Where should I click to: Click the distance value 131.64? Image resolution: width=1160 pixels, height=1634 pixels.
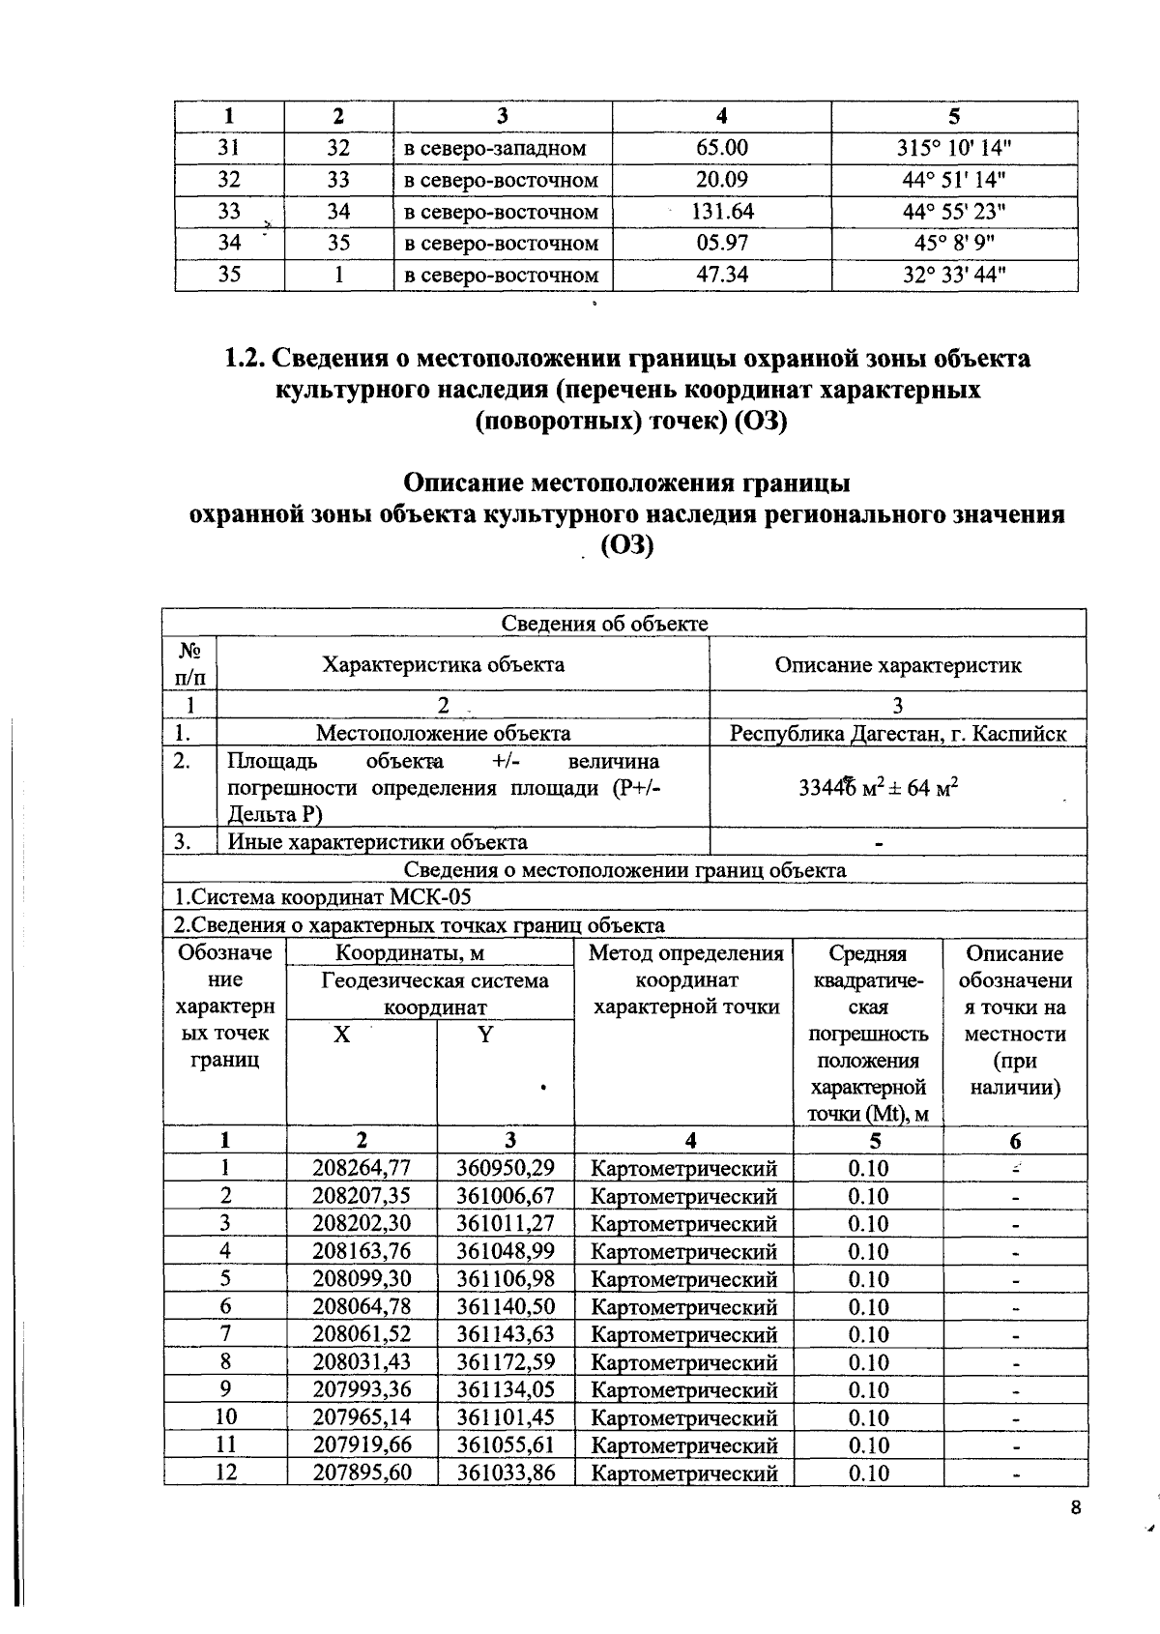pyautogui.click(x=722, y=212)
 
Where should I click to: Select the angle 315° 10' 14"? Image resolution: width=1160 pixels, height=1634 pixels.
pyautogui.click(x=953, y=148)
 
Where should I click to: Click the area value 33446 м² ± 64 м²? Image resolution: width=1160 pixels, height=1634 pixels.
pyautogui.click(x=878, y=787)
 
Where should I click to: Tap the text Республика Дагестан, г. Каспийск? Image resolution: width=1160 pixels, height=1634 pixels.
pyautogui.click(x=897, y=733)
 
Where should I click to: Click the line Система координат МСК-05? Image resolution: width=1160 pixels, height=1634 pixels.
pyautogui.click(x=324, y=896)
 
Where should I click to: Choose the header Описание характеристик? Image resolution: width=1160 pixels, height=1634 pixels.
pyautogui.click(x=897, y=664)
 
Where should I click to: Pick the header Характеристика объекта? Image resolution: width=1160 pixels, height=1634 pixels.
pyautogui.click(x=443, y=664)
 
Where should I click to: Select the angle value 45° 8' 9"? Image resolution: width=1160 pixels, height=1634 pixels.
pyautogui.click(x=953, y=243)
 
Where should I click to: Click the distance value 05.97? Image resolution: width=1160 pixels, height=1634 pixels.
pyautogui.click(x=722, y=243)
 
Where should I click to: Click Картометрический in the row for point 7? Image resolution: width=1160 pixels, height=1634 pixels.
pyautogui.click(x=683, y=1334)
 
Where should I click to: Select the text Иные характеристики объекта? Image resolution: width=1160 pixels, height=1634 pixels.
pyautogui.click(x=377, y=842)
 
